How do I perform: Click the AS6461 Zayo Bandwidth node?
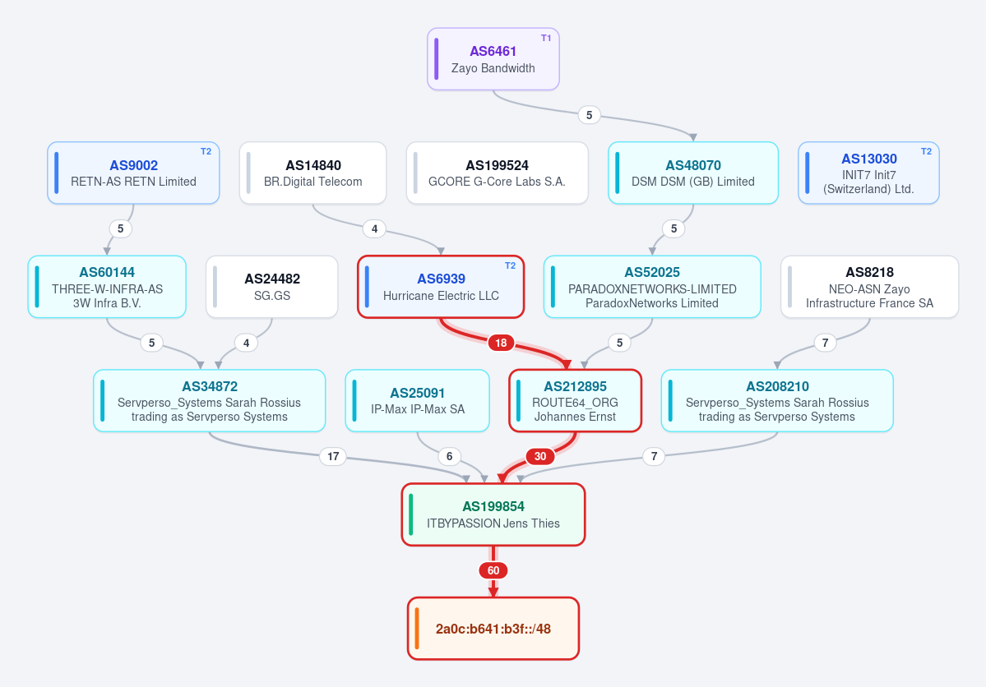(x=493, y=59)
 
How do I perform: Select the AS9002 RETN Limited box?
(x=133, y=173)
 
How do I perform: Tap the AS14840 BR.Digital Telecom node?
(x=312, y=173)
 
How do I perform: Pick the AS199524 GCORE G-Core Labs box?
(x=497, y=173)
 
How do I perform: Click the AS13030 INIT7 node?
(x=868, y=173)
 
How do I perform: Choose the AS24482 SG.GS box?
(x=271, y=287)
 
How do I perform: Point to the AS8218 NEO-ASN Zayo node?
(x=870, y=287)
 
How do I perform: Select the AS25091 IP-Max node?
(x=418, y=400)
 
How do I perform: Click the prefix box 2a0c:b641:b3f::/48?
(x=493, y=629)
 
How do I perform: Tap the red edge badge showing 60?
(x=493, y=570)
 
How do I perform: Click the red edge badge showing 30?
(x=540, y=456)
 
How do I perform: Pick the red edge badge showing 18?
(x=501, y=343)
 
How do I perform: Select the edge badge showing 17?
(x=333, y=456)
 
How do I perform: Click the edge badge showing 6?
(x=449, y=456)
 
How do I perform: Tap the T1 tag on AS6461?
(x=546, y=39)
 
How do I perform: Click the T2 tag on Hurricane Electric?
(x=510, y=266)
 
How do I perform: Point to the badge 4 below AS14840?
(x=374, y=228)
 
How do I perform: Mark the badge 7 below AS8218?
(x=825, y=343)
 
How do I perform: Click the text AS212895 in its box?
(x=576, y=386)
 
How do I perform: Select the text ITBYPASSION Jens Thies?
(x=493, y=523)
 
